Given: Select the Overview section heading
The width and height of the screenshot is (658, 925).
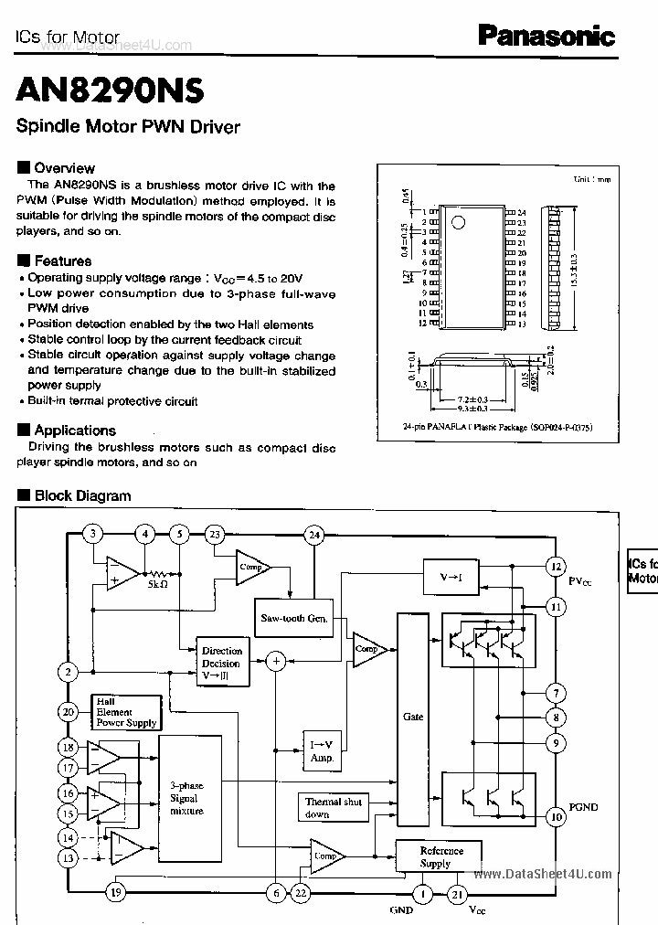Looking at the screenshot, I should point(63,168).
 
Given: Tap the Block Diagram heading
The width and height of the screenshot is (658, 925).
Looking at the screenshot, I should point(81,496).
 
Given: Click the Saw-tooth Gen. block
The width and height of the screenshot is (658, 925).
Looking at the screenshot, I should point(293,618).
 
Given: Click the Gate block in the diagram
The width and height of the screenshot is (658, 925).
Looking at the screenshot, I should point(413,718).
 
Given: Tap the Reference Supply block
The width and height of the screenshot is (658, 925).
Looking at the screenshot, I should point(441,856).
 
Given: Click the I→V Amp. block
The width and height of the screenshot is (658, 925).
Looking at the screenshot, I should point(323,751).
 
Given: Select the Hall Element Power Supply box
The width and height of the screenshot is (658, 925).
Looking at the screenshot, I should point(126,712).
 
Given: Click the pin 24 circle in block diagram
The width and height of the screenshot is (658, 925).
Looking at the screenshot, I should point(314,535).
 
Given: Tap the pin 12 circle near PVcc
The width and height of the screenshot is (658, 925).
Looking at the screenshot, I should point(555,568).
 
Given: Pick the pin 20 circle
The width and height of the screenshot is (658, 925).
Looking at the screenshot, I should point(68,712).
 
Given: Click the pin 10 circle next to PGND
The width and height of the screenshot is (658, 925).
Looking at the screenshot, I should point(555,816).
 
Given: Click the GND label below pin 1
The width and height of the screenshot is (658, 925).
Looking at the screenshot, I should point(400,910).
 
